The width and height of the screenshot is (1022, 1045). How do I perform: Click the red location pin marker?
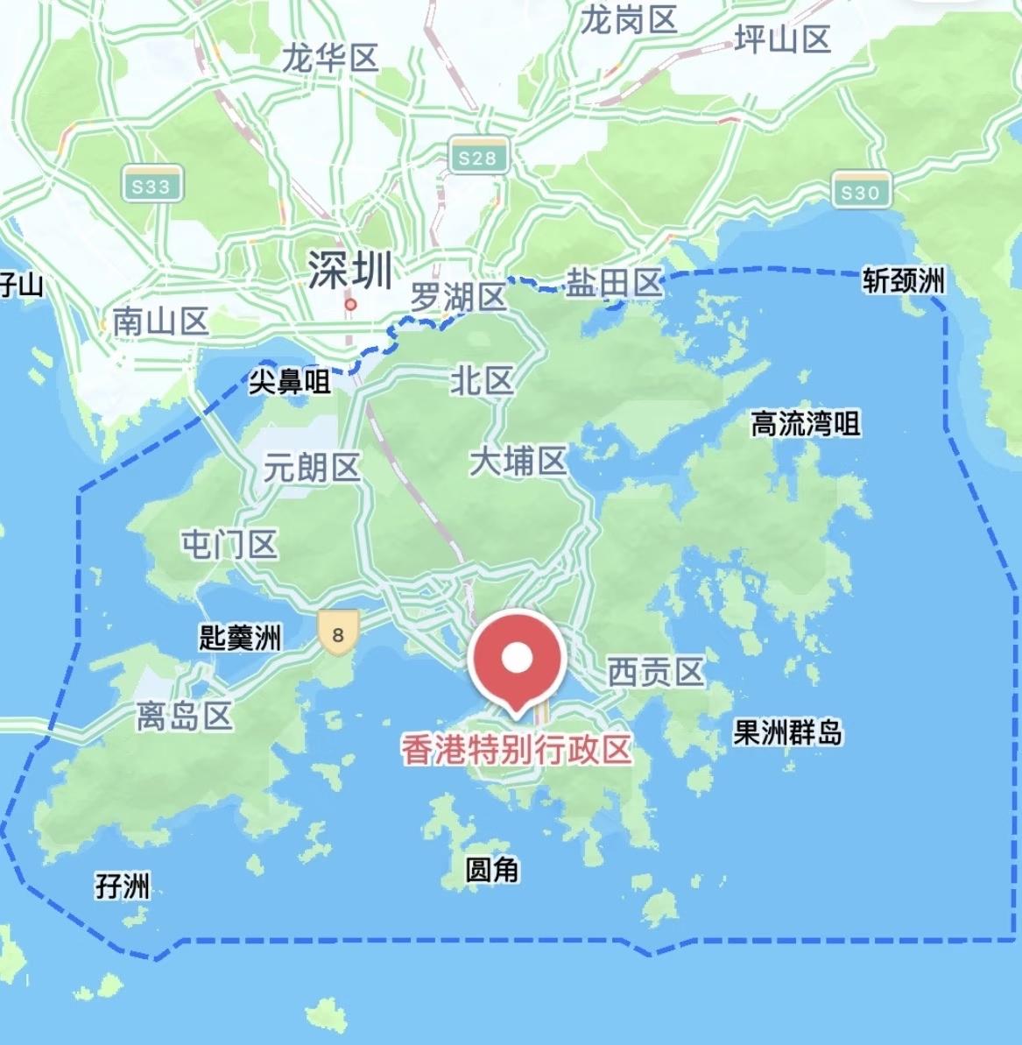(x=517, y=659)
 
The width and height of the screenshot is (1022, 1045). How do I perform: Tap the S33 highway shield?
(x=151, y=186)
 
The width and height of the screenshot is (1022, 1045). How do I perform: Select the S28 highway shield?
(x=477, y=158)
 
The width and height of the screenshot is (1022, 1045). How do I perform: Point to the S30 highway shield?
(x=860, y=192)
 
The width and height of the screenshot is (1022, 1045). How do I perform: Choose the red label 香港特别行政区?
(x=517, y=750)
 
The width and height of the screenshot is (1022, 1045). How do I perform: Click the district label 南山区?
(x=160, y=322)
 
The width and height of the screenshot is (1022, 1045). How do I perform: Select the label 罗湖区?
(x=458, y=298)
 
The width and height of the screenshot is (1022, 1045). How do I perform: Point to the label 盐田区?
(x=613, y=283)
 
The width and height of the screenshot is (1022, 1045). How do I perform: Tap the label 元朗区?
(x=312, y=468)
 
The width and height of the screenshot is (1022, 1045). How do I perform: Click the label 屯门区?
(x=229, y=544)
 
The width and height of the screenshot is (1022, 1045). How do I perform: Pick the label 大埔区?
(x=518, y=461)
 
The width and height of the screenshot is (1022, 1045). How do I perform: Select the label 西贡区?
(x=656, y=672)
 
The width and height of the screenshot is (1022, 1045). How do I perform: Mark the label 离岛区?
(x=184, y=716)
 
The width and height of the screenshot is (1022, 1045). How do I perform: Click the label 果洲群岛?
(x=787, y=731)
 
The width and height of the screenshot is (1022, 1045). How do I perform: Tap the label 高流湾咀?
(x=806, y=424)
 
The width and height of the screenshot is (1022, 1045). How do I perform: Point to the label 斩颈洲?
(x=904, y=280)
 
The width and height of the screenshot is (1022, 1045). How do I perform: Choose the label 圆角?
(x=492, y=869)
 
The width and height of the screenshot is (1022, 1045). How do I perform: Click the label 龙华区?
(x=329, y=59)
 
